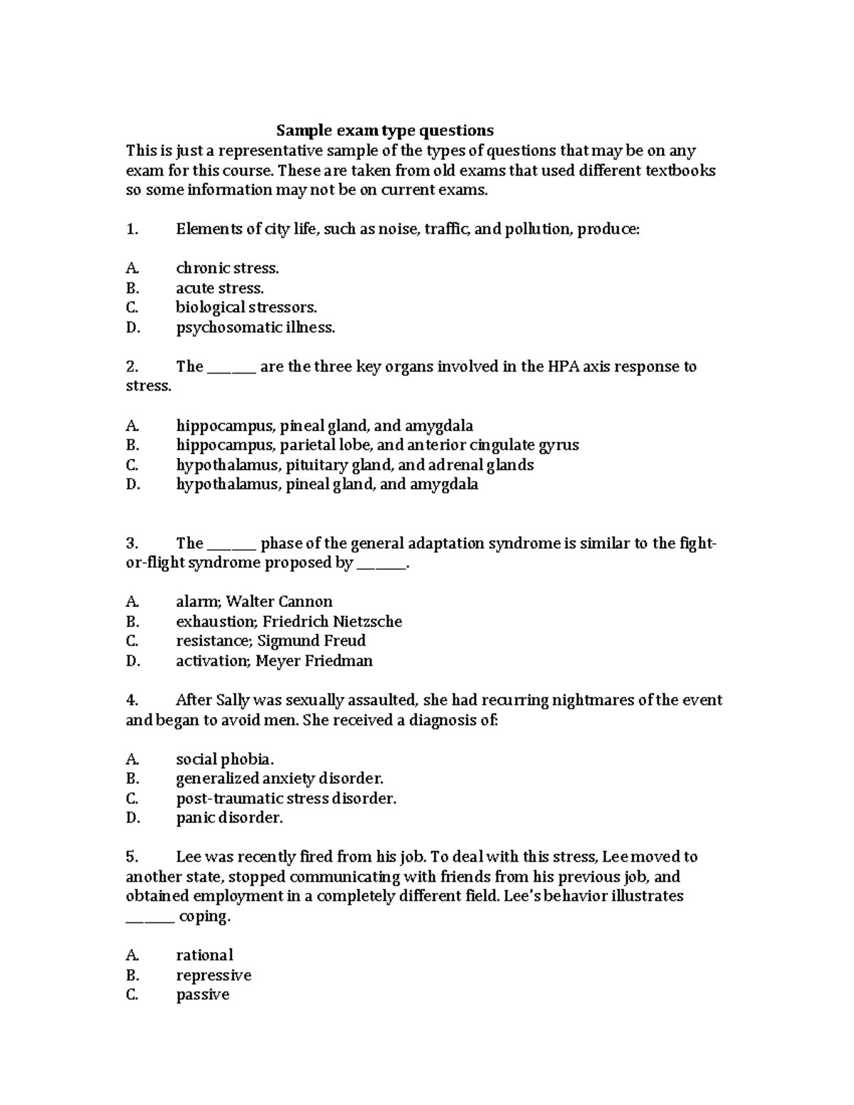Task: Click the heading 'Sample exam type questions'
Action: [384, 130]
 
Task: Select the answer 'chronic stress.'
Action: [227, 268]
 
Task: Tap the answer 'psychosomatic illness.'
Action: [255, 327]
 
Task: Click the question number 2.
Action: [132, 366]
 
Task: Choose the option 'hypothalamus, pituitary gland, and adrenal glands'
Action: [354, 465]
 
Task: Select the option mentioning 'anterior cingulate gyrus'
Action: [377, 445]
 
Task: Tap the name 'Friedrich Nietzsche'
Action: [332, 621]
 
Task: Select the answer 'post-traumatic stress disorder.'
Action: [286, 798]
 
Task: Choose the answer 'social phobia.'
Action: [224, 759]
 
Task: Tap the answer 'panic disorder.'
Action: [229, 818]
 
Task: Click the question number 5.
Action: [132, 857]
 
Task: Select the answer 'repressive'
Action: [213, 975]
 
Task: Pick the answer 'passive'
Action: [202, 995]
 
